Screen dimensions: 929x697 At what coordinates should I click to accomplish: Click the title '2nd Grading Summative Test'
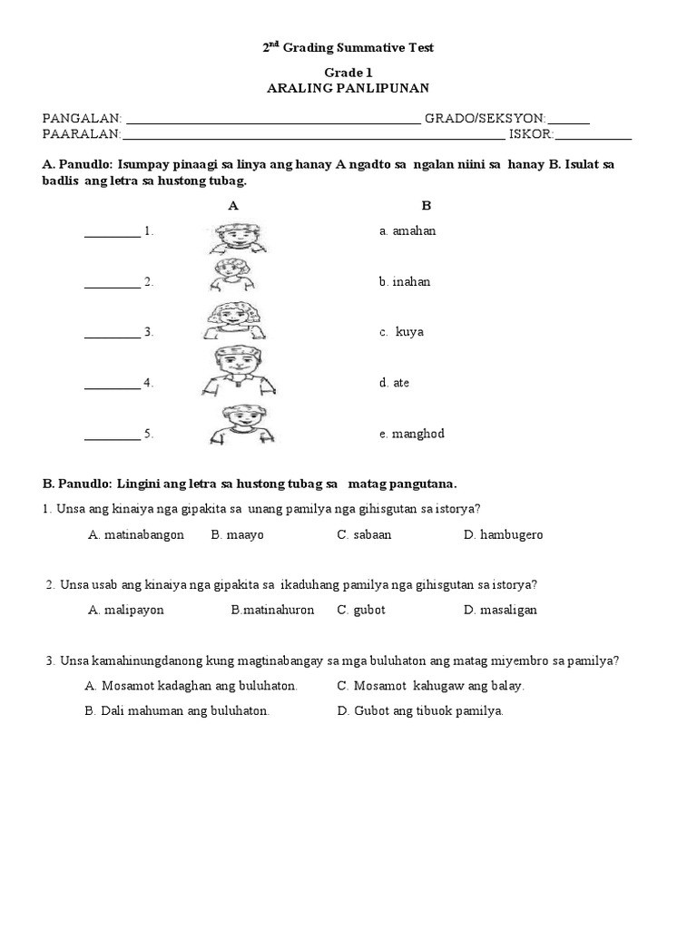[x=348, y=47]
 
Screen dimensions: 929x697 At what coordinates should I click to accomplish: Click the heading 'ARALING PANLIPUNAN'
[x=348, y=88]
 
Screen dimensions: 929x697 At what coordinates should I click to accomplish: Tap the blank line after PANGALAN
[x=272, y=119]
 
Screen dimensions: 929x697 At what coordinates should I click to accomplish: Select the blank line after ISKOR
[x=593, y=136]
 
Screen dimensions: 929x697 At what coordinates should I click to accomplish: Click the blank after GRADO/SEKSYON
[x=569, y=119]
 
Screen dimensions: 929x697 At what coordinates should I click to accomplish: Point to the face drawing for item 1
[x=238, y=239]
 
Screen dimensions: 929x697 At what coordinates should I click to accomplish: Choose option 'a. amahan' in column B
[x=407, y=231]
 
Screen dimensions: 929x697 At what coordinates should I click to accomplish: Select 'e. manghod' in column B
[x=412, y=435]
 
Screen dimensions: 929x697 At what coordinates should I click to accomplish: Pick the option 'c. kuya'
[x=402, y=332]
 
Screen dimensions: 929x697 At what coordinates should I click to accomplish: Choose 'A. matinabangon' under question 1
[x=136, y=535]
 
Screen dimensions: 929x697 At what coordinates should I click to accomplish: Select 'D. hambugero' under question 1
[x=503, y=535]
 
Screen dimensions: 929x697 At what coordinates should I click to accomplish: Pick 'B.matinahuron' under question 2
[x=272, y=611]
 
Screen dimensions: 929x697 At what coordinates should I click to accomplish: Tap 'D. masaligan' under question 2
[x=500, y=611]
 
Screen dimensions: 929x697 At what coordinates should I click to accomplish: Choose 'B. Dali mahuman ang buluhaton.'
[x=177, y=711]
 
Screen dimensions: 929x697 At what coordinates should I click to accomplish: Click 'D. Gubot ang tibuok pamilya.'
[x=420, y=711]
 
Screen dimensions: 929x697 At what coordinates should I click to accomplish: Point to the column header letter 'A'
[x=233, y=206]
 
